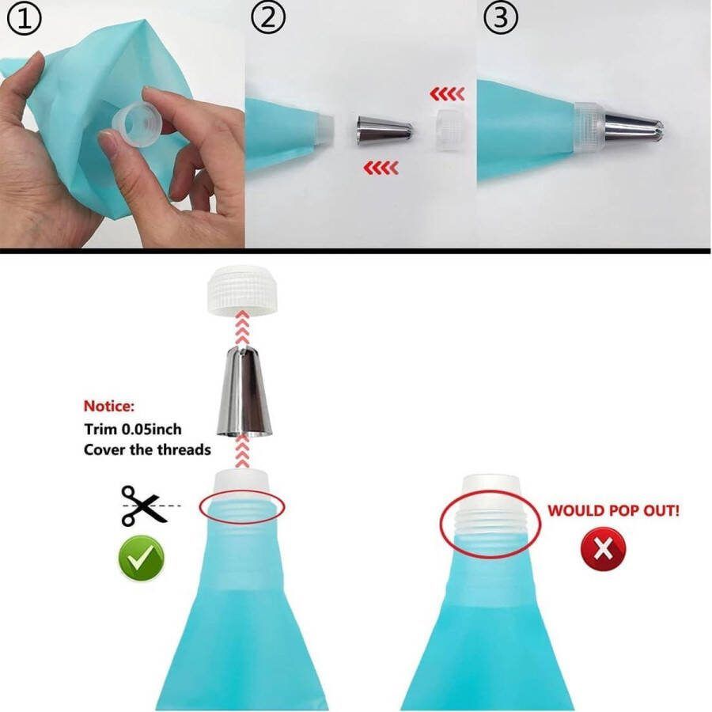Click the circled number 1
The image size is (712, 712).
[x=25, y=18]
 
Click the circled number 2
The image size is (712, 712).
[x=268, y=17]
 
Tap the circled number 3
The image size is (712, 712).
[x=500, y=17]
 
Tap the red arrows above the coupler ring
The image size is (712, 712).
[x=447, y=94]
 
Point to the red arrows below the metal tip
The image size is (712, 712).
[x=381, y=168]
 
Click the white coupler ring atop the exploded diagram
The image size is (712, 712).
[x=243, y=290]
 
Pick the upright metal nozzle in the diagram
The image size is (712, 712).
[x=244, y=391]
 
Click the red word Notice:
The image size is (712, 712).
[x=109, y=406]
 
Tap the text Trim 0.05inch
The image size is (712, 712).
[x=133, y=429]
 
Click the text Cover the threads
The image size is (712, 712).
[x=148, y=449]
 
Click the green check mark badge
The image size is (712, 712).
[x=142, y=558]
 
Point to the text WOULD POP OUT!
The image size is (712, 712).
[x=613, y=510]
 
